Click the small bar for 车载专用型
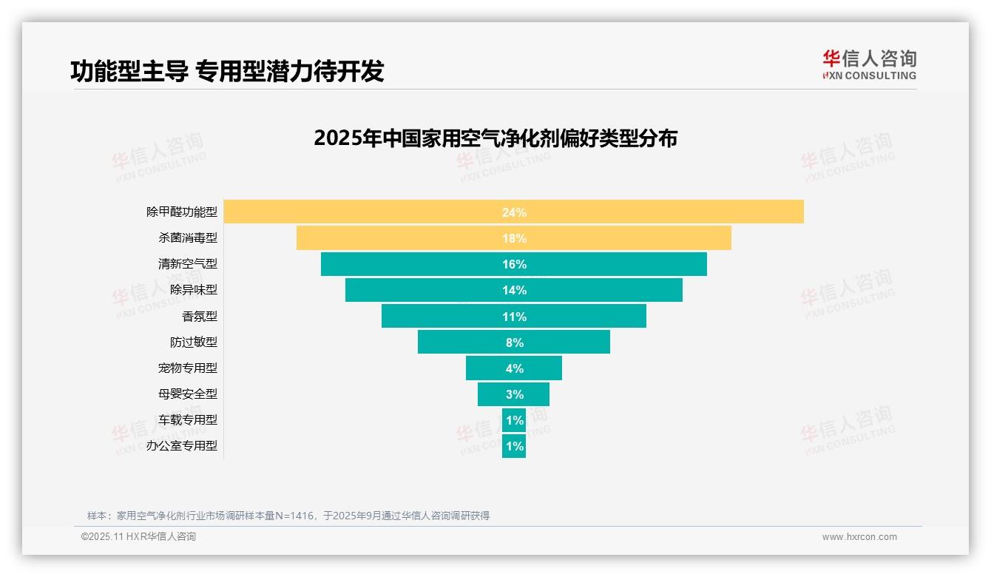point(514,420)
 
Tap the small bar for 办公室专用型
point(514,446)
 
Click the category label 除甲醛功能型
point(182,212)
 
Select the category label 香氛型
point(200,316)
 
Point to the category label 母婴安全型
point(188,394)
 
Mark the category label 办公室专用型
point(182,446)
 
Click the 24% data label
point(514,212)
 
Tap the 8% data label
point(514,343)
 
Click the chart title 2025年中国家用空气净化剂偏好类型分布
point(495,138)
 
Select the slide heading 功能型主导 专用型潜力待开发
point(227,71)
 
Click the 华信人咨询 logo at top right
point(869,64)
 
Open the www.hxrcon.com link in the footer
point(859,537)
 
